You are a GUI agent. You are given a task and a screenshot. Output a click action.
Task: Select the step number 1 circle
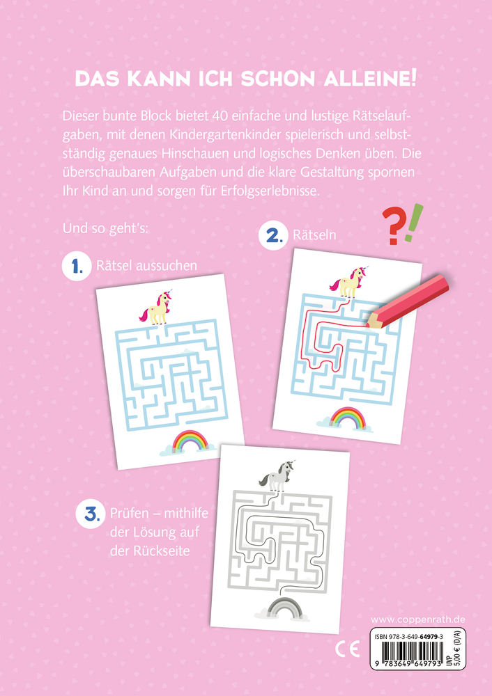77,266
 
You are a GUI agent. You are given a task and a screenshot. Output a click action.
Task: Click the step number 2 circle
273,235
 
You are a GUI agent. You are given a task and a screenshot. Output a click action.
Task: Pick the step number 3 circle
90,514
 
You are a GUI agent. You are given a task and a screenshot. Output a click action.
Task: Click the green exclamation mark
414,223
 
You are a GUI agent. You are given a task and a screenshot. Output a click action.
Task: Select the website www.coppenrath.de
417,619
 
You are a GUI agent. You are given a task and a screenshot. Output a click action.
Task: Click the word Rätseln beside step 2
314,235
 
